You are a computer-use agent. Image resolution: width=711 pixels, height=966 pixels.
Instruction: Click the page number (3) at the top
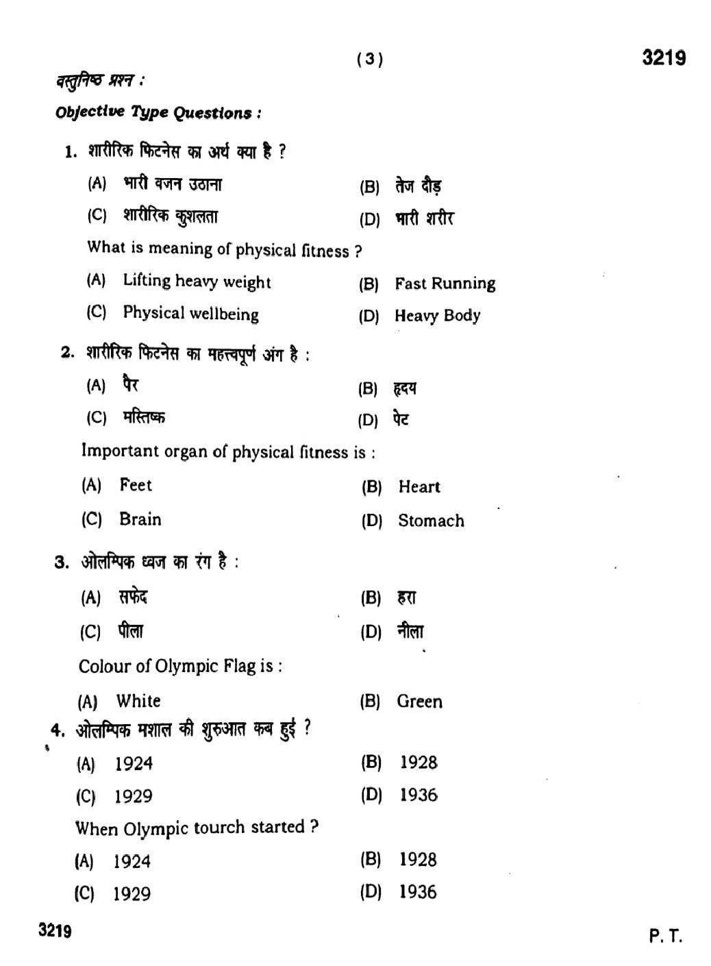coord(370,60)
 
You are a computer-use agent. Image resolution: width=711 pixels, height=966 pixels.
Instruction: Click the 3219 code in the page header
coord(663,58)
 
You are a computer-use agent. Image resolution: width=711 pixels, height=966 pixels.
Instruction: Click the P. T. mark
coord(665,936)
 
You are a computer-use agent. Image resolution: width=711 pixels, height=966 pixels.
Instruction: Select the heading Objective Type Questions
coord(158,113)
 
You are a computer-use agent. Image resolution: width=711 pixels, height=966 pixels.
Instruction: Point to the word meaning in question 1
coord(179,249)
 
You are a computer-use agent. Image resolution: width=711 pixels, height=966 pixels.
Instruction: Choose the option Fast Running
coord(445,284)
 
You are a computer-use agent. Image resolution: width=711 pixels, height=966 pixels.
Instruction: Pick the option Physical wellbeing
coord(190,314)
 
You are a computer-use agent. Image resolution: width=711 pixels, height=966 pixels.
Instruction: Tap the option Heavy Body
coord(437,316)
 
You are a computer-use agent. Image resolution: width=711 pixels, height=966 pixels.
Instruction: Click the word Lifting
coord(147,281)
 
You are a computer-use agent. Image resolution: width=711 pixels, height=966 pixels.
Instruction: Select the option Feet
coord(136,485)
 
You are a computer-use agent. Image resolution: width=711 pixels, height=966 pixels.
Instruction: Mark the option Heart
coord(419,487)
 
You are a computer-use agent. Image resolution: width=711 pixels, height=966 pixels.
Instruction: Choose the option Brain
coord(140,519)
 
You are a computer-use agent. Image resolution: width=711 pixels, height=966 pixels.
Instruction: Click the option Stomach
coord(431,521)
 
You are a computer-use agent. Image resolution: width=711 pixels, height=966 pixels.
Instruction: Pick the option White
coord(138,701)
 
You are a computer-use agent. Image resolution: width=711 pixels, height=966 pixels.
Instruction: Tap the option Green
coord(419,702)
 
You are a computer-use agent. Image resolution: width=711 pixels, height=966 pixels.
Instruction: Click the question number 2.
coord(66,353)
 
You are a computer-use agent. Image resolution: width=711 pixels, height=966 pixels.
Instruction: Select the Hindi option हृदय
coord(405,389)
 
